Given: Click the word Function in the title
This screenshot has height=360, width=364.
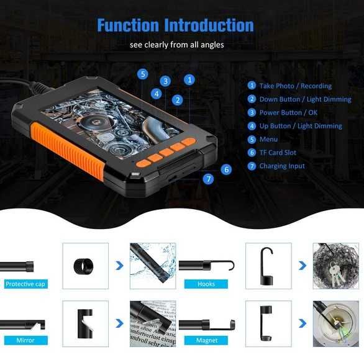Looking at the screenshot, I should pos(127,25).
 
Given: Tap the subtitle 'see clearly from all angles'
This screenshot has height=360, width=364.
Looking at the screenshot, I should pos(176,45).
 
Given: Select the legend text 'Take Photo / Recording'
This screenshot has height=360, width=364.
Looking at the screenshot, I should pos(295,86).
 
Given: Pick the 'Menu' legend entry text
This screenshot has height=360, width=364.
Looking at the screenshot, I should pos(268,140).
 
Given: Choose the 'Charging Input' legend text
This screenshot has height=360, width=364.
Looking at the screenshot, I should pos(282,166).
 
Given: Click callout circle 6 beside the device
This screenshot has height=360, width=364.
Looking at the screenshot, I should pos(226,169).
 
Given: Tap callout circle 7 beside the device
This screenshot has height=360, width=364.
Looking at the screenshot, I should pos(209,179).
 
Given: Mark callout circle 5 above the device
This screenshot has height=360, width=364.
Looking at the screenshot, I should pos(143,74).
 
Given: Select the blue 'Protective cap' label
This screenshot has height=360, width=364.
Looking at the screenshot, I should pos(25,284).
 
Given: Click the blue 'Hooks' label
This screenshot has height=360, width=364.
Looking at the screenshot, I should pos(206,284).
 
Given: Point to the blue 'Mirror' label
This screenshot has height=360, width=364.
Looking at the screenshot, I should pos(25,340).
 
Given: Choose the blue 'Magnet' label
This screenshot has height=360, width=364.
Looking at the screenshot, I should pos(206,340).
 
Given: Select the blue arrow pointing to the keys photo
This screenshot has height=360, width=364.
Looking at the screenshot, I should pos(303,266).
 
